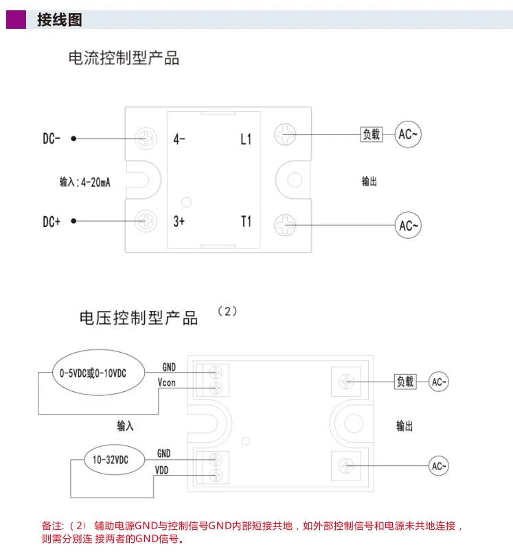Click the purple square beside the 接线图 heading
pyautogui.click(x=16, y=20)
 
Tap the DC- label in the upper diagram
pyautogui.click(x=52, y=139)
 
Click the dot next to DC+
pyautogui.click(x=73, y=221)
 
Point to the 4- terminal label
pyautogui.click(x=179, y=139)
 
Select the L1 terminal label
pyautogui.click(x=246, y=139)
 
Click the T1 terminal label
pyautogui.click(x=246, y=222)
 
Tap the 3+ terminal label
pyautogui.click(x=179, y=222)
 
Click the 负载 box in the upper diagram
pyautogui.click(x=372, y=135)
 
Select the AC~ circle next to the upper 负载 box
pyautogui.click(x=408, y=135)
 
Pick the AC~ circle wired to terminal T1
pyautogui.click(x=408, y=225)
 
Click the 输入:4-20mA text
pyautogui.click(x=85, y=182)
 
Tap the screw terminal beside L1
pyautogui.click(x=285, y=135)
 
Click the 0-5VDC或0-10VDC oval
pyautogui.click(x=99, y=373)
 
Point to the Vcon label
pyautogui.click(x=167, y=382)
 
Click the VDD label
pyautogui.click(x=161, y=470)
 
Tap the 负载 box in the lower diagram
pyautogui.click(x=405, y=382)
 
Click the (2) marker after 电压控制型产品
pyautogui.click(x=227, y=312)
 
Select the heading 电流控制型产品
pyautogui.click(x=124, y=58)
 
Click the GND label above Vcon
pyautogui.click(x=169, y=367)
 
